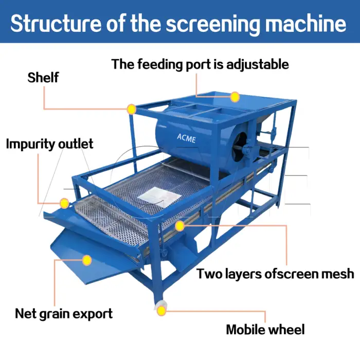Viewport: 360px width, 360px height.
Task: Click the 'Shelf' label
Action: point(43,78)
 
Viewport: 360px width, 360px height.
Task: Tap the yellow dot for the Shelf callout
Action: point(132,109)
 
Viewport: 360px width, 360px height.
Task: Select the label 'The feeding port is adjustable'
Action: point(200,64)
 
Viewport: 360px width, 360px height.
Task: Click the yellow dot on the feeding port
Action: point(235,97)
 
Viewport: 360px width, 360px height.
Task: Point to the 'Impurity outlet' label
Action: point(49,143)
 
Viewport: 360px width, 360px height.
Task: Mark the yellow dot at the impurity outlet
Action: point(64,203)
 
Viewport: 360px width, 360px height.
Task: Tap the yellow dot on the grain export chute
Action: point(87,260)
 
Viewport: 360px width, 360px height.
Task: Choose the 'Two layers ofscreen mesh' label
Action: point(275,274)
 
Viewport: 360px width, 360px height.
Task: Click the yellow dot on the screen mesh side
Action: point(179,226)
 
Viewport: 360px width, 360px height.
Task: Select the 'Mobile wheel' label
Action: point(265,330)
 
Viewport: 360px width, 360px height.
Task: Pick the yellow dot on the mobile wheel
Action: point(161,310)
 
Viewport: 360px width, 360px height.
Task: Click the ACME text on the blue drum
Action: point(186,137)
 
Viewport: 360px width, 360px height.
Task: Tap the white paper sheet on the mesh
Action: point(156,194)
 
